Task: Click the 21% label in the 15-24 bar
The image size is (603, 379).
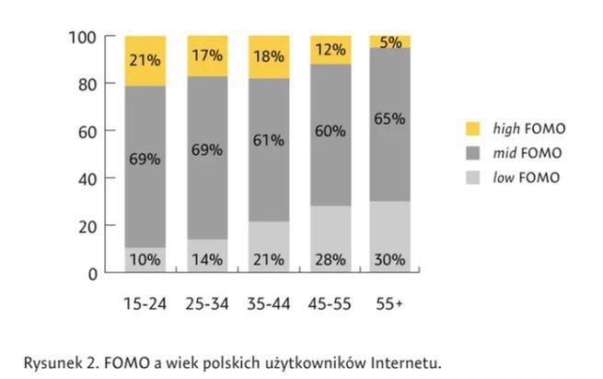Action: (x=145, y=60)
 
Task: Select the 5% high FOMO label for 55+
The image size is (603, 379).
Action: (x=390, y=41)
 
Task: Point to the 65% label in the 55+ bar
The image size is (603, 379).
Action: (x=390, y=118)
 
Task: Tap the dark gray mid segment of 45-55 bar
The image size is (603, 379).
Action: (x=329, y=166)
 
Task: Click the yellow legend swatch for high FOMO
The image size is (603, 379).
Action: (x=474, y=128)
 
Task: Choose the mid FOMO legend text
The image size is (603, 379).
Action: (x=528, y=153)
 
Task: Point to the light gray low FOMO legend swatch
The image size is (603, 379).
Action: (x=474, y=177)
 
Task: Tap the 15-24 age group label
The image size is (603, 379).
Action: (x=145, y=302)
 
